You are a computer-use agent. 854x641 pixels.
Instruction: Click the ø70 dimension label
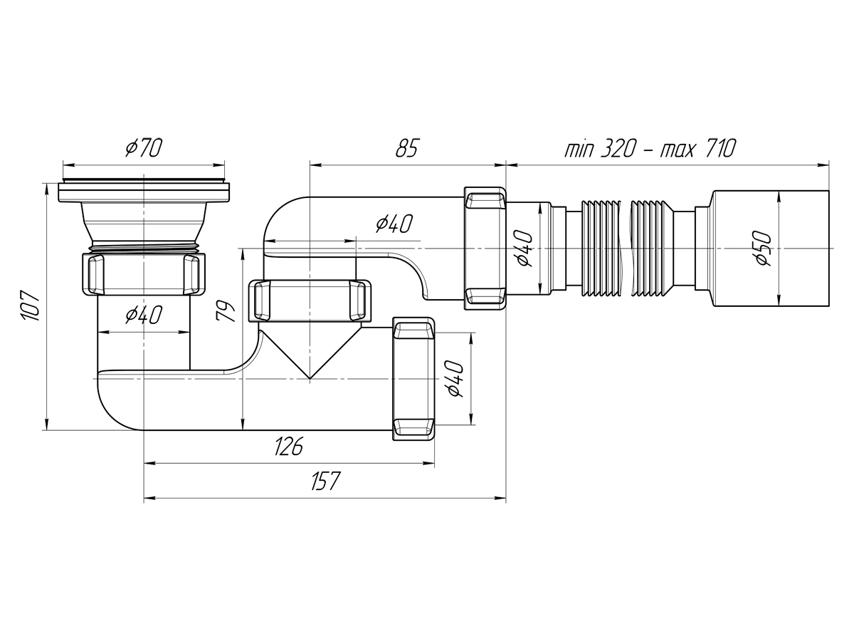point(144,147)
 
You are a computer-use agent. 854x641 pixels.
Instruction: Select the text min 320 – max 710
point(650,148)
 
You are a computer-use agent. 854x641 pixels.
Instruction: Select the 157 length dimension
point(325,481)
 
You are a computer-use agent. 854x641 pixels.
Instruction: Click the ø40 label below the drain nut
point(144,314)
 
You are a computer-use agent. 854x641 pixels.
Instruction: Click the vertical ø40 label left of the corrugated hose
point(523,248)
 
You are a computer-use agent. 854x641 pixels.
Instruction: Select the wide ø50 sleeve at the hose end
point(770,248)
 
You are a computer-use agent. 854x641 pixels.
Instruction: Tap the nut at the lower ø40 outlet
point(413,378)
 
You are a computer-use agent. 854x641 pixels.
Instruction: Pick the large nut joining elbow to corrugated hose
point(485,249)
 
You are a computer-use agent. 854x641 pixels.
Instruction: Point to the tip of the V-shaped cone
point(309,378)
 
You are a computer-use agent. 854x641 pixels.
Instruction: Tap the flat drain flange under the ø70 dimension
point(144,192)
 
